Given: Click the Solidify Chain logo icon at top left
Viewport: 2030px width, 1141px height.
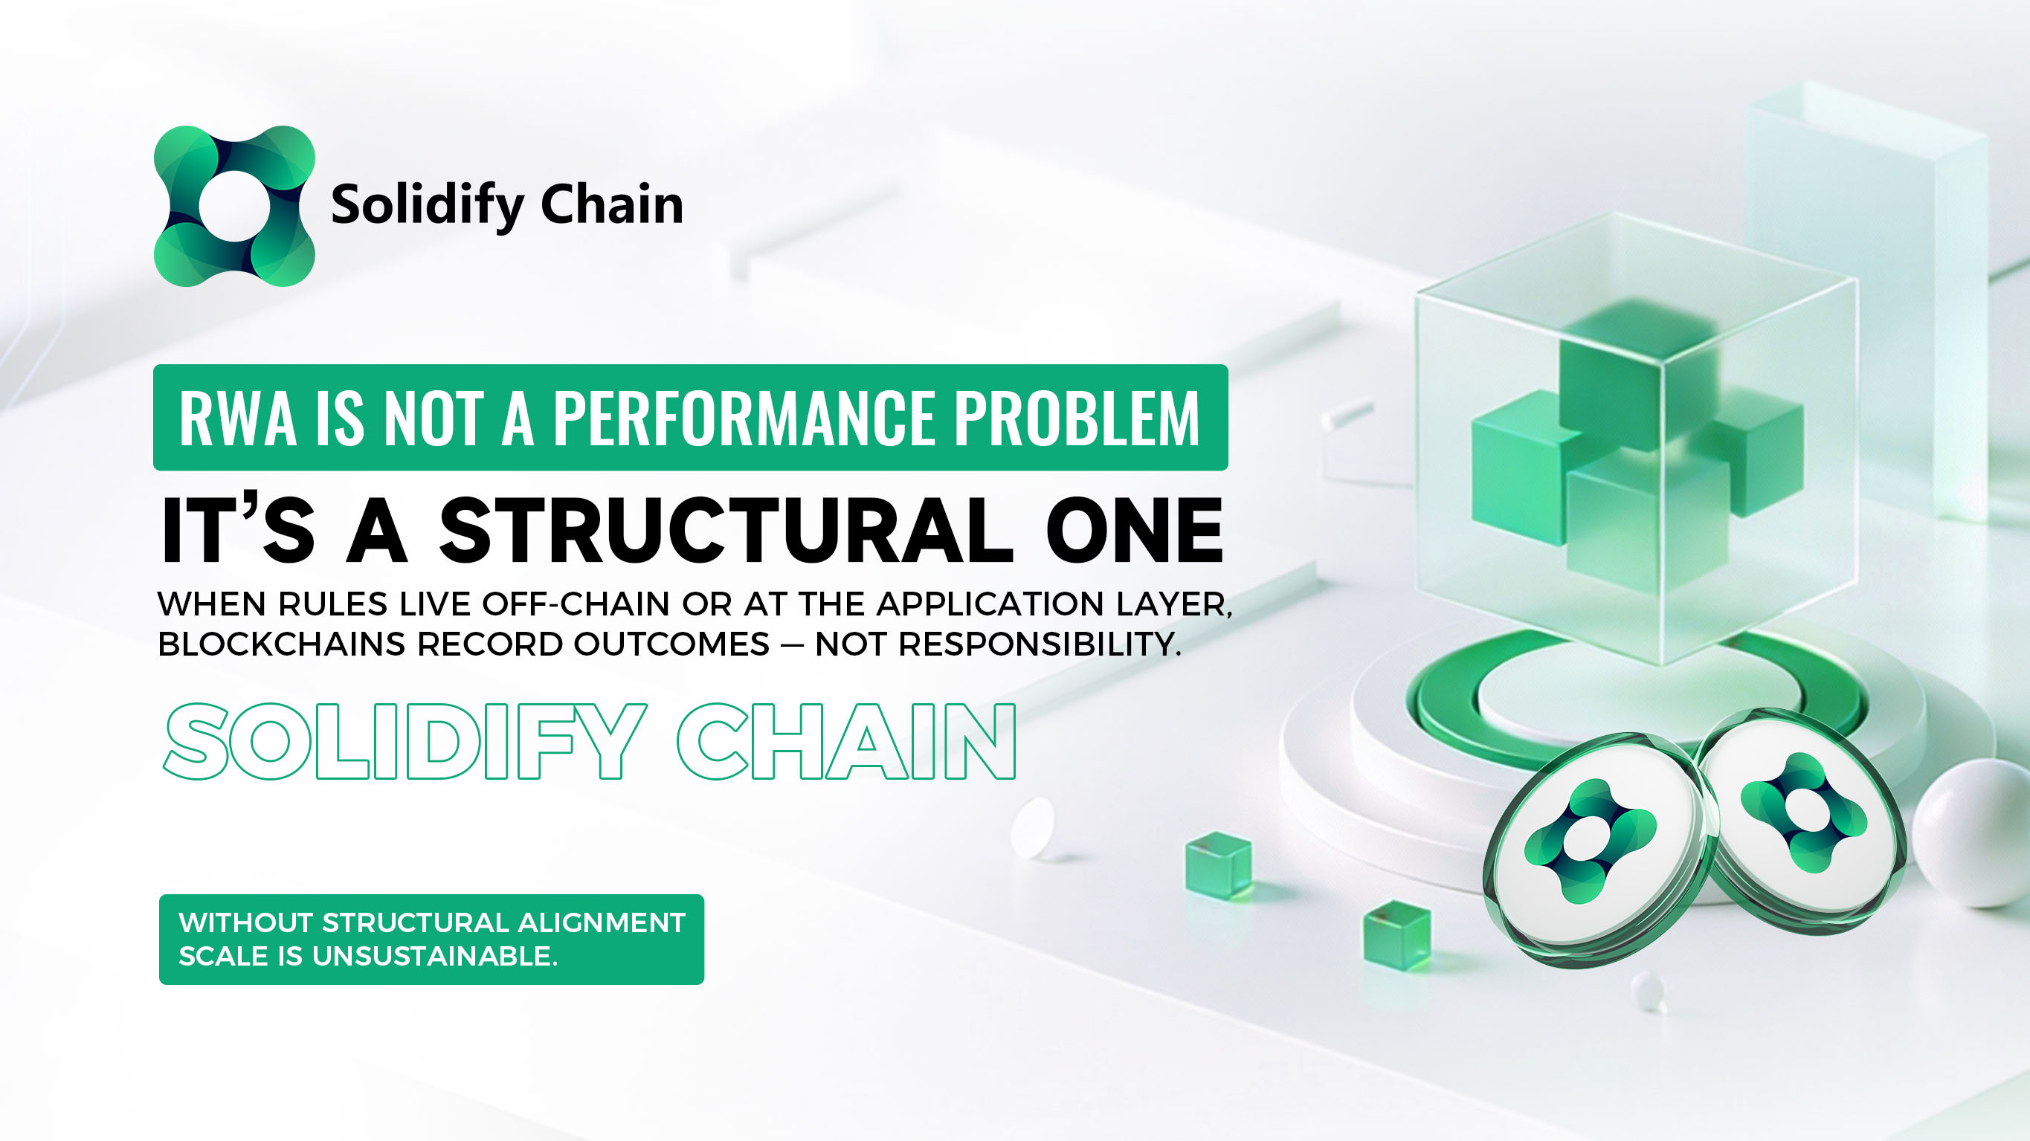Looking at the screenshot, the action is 234,206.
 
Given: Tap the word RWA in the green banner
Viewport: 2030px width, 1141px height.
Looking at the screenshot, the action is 238,418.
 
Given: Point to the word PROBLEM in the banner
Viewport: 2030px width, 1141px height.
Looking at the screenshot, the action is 1077,418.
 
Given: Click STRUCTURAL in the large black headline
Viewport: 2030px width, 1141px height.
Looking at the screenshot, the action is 725,530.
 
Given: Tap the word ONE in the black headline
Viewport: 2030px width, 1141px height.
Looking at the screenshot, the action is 1135,530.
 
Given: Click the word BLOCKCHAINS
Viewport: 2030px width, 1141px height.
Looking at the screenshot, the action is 281,644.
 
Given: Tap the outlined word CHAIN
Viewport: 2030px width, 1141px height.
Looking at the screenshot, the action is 846,742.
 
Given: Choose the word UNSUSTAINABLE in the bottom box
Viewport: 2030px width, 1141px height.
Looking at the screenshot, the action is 435,956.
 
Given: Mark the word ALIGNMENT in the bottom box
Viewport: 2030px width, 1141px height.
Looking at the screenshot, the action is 602,922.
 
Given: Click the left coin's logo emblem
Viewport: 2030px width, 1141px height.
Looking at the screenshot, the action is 1590,841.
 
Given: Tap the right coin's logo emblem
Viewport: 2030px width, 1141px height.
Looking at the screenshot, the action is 1803,812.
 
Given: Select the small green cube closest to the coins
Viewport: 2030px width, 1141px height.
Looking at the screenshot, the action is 1397,935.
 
